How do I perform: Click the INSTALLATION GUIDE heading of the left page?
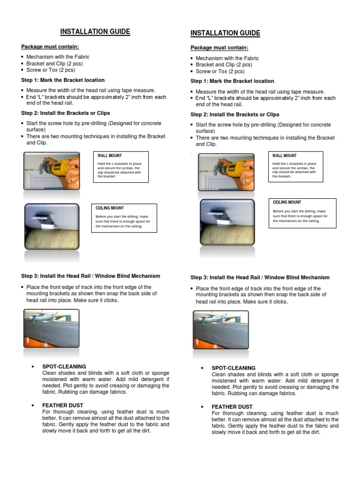pos(95,32)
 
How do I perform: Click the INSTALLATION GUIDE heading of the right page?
pos(225,33)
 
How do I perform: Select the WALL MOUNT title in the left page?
pos(109,155)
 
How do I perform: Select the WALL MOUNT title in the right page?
pos(284,156)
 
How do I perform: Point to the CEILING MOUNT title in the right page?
pos(287,202)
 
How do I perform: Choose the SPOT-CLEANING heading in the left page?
pos(64,366)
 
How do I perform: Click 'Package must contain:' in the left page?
pos(50,46)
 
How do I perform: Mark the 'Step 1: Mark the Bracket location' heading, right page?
pos(232,81)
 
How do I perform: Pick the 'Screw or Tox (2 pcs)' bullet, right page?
pos(220,72)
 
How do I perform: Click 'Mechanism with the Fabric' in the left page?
pos(58,57)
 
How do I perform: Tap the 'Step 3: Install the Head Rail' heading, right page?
pos(260,277)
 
